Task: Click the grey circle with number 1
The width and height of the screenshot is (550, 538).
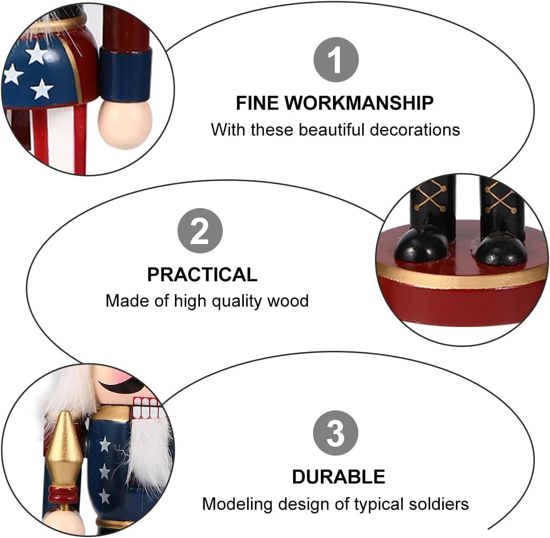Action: pyautogui.click(x=335, y=59)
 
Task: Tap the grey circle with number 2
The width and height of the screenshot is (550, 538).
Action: pyautogui.click(x=200, y=231)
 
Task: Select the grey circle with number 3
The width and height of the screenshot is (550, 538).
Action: pyautogui.click(x=335, y=433)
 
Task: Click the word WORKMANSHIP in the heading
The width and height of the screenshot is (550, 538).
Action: pyautogui.click(x=359, y=103)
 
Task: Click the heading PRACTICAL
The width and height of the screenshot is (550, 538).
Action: pyautogui.click(x=202, y=274)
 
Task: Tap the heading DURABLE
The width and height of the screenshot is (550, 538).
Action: pyautogui.click(x=338, y=477)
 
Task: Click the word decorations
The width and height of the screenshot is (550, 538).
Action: pyautogui.click(x=415, y=130)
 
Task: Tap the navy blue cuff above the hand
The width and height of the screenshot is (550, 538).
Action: pyautogui.click(x=126, y=74)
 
